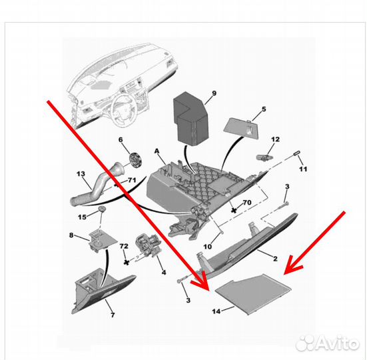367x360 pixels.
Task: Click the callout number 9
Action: (214, 93)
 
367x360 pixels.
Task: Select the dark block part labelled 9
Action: (190, 118)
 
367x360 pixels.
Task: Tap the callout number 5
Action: (264, 109)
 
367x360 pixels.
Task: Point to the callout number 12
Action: (276, 139)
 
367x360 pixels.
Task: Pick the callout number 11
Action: (303, 169)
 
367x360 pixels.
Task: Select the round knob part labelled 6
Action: (136, 160)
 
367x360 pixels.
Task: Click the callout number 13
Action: (81, 174)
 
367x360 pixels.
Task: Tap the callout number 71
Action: (132, 181)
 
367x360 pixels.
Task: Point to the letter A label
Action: (157, 151)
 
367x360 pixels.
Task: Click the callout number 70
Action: (247, 203)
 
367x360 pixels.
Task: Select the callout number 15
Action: (82, 217)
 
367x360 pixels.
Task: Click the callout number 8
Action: (71, 235)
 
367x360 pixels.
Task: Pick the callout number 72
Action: (124, 246)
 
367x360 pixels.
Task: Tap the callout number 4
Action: (164, 273)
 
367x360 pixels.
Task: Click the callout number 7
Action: (113, 315)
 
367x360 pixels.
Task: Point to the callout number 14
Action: (216, 311)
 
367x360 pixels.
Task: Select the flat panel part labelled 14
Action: (253, 294)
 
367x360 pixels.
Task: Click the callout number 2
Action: (275, 259)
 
